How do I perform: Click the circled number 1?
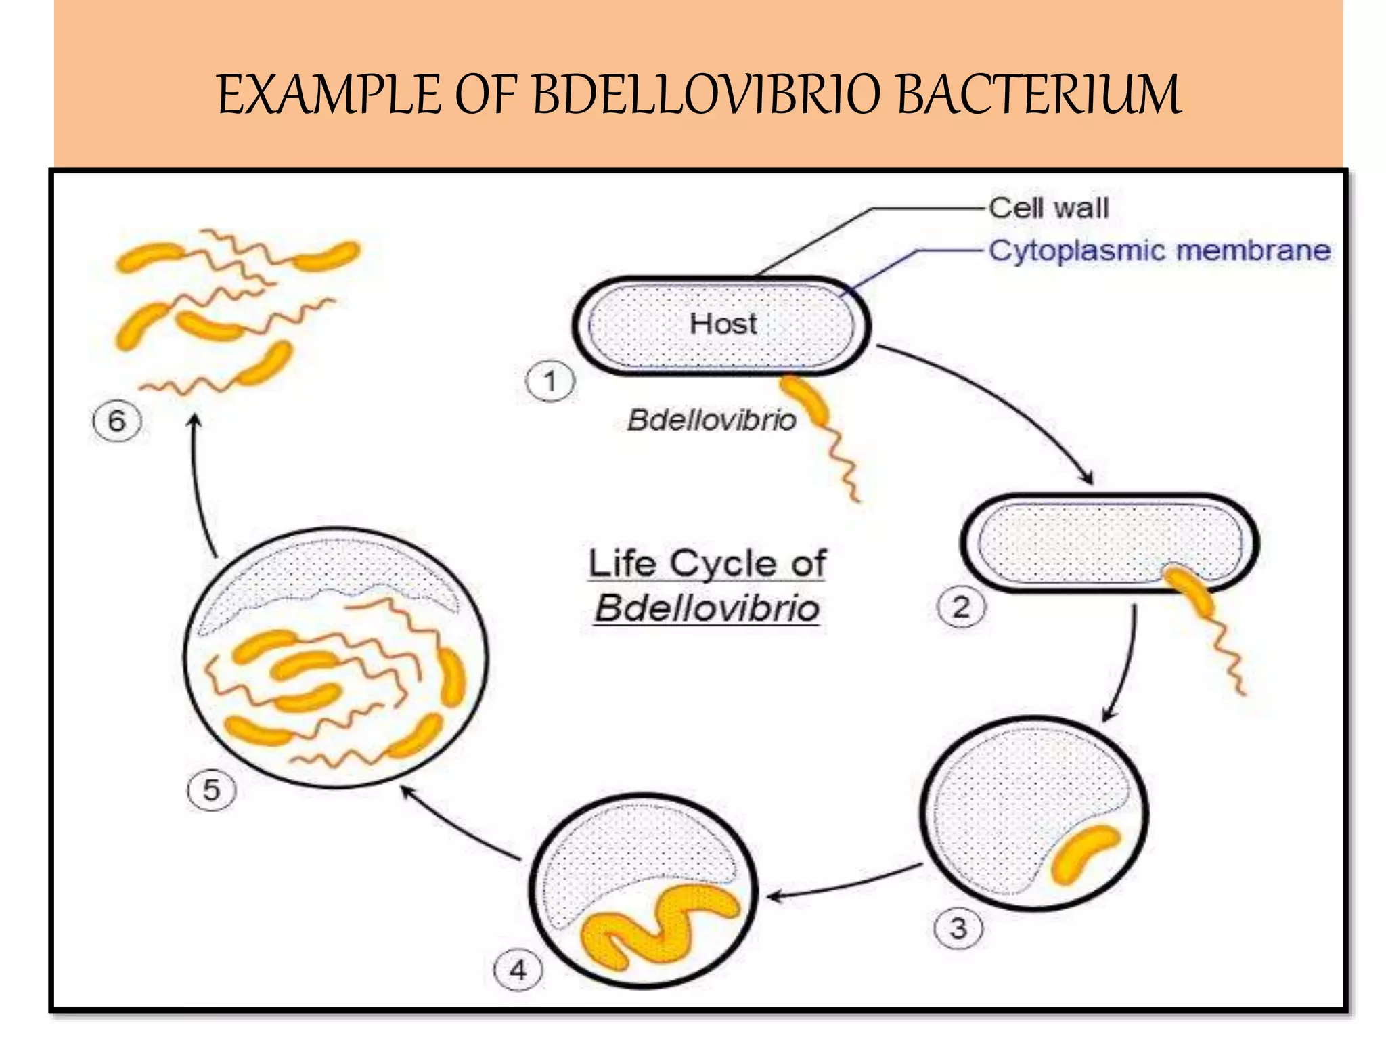[550, 381]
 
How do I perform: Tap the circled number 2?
[961, 607]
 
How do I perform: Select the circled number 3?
[958, 928]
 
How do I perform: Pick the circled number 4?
[518, 970]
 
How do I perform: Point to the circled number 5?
[211, 790]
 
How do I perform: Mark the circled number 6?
[116, 421]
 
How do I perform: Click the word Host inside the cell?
[723, 324]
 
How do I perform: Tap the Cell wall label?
[1049, 208]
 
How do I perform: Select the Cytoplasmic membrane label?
[1159, 251]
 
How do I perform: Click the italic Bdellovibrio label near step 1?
[711, 420]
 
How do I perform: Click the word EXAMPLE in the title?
[329, 95]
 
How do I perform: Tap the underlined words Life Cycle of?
[707, 564]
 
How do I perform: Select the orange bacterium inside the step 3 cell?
[1083, 854]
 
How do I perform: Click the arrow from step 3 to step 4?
[846, 884]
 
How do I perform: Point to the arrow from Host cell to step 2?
[1002, 399]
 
